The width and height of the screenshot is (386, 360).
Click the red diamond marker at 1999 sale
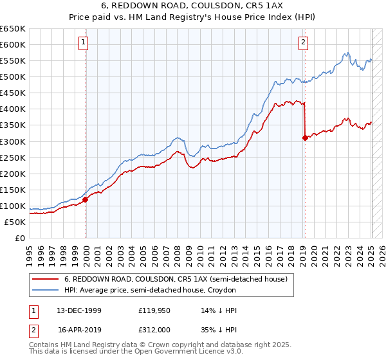pos(85,199)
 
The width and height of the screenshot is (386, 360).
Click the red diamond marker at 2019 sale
pos(304,137)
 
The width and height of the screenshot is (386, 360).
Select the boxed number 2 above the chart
pos(303,43)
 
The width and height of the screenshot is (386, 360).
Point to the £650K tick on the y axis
pos(13,29)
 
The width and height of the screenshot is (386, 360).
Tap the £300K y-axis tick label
pos(13,141)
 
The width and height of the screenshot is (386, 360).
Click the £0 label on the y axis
pos(19,239)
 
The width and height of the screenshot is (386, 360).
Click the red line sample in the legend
pos(46,279)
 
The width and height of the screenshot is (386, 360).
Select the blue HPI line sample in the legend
pos(46,291)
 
